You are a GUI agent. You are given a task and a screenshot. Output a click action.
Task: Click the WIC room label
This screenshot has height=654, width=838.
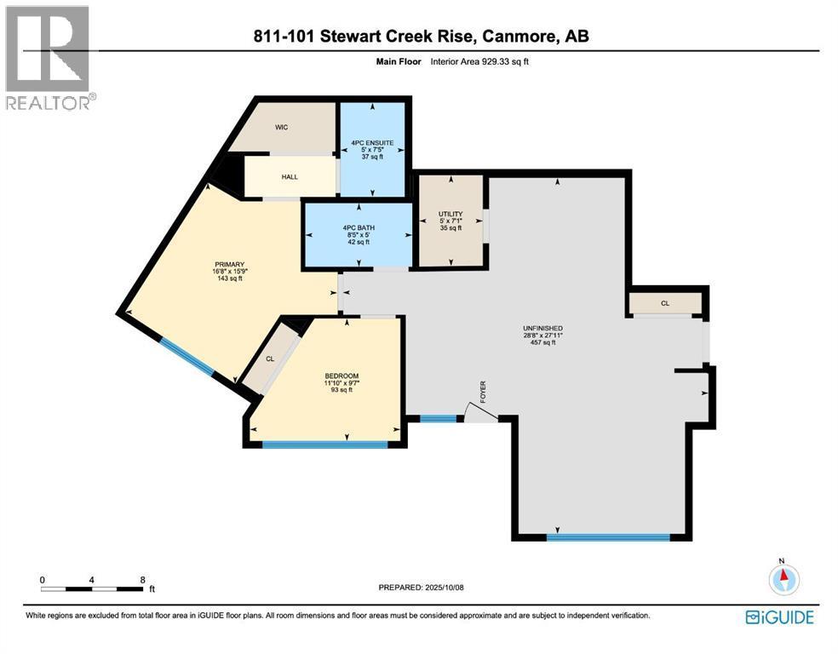point(281,128)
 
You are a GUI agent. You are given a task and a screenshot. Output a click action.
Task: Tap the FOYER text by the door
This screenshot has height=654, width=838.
point(483,390)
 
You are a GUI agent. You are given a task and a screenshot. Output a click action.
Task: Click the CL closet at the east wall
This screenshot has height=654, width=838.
point(664,302)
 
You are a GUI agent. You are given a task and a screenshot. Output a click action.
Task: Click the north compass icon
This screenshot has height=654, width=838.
point(784,579)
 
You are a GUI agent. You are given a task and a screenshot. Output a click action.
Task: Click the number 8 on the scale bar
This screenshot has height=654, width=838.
point(143,579)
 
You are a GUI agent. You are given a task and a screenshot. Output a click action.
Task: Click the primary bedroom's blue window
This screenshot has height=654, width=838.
point(187,357)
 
